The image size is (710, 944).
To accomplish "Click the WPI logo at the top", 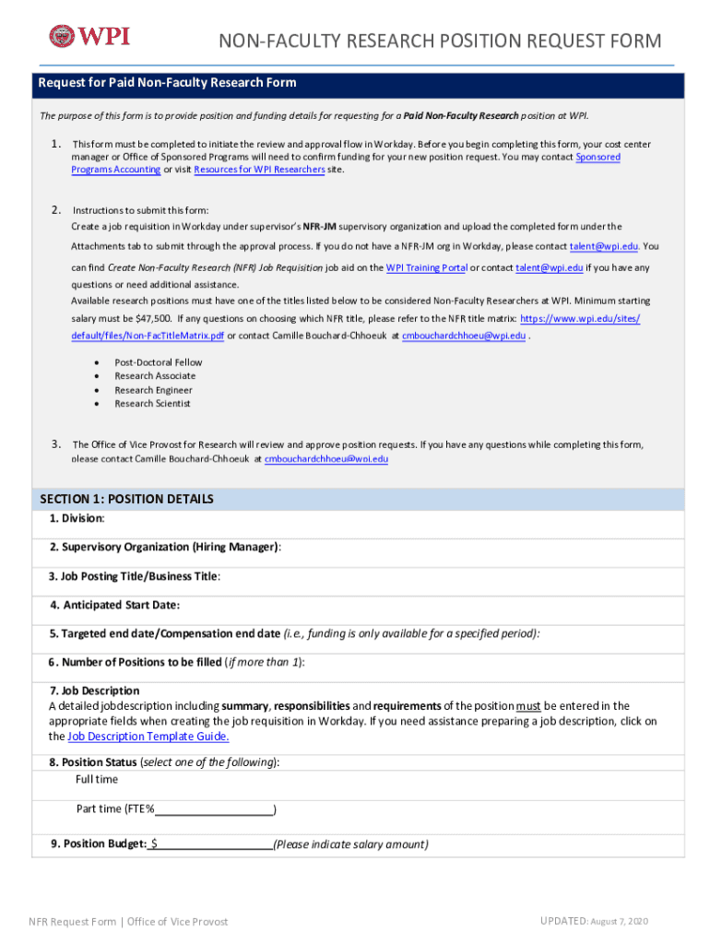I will [89, 36].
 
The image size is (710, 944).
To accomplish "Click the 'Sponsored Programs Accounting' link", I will [116, 170].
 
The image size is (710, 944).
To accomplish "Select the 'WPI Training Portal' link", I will [426, 267].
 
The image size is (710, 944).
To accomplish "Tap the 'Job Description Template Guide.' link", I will [148, 737].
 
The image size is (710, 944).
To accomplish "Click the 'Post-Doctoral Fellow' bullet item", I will [158, 362].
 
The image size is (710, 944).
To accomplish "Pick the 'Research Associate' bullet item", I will [155, 376].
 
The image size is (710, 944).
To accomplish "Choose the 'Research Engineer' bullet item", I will [153, 390].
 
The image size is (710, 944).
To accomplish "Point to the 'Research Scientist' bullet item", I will [153, 404].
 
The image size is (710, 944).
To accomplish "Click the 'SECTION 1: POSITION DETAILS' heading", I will [127, 499].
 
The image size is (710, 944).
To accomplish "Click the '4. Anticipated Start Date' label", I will [115, 605].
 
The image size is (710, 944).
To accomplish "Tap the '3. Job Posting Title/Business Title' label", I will [135, 576].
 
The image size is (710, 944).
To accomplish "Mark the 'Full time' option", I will [97, 780].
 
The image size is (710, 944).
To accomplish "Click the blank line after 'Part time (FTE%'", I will [214, 809].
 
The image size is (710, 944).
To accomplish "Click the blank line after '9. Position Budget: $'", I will [214, 844].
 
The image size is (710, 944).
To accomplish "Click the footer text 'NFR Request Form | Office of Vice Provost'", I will [128, 922].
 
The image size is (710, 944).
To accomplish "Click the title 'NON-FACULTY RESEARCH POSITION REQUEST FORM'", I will [439, 41].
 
